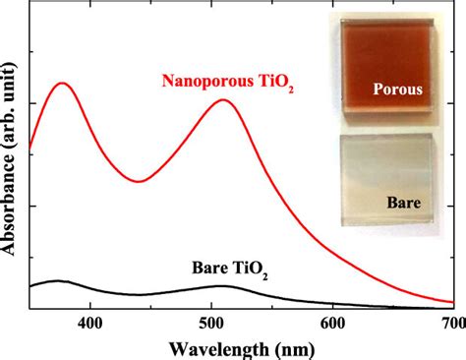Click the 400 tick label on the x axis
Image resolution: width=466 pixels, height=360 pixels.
coord(90,324)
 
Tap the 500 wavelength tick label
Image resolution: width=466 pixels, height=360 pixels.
coord(211,324)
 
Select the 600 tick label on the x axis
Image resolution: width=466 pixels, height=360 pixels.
coord(333,324)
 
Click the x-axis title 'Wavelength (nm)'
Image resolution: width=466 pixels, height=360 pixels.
coord(242,350)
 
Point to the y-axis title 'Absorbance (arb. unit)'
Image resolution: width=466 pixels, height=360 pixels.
coord(8,157)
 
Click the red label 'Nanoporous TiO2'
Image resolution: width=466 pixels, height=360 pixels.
coord(228,82)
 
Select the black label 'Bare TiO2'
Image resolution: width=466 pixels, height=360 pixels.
coord(230,269)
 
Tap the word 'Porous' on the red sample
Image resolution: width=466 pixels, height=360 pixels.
coord(398,90)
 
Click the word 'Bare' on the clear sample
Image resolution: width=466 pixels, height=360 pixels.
coord(404,203)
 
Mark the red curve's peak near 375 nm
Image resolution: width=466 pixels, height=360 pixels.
coord(61,83)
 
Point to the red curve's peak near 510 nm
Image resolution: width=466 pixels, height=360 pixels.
coord(223,99)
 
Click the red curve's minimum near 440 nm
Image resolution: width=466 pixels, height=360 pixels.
coord(139,181)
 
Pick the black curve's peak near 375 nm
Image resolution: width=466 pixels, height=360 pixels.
coord(58,281)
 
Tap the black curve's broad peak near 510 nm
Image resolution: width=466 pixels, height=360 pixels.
coord(221,286)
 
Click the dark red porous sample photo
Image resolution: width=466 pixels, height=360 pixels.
coord(387,66)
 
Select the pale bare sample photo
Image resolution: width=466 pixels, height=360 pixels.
coord(387,180)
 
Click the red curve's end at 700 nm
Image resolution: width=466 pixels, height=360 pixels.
coord(454,302)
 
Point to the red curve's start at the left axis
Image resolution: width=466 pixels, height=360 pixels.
coord(29,149)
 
